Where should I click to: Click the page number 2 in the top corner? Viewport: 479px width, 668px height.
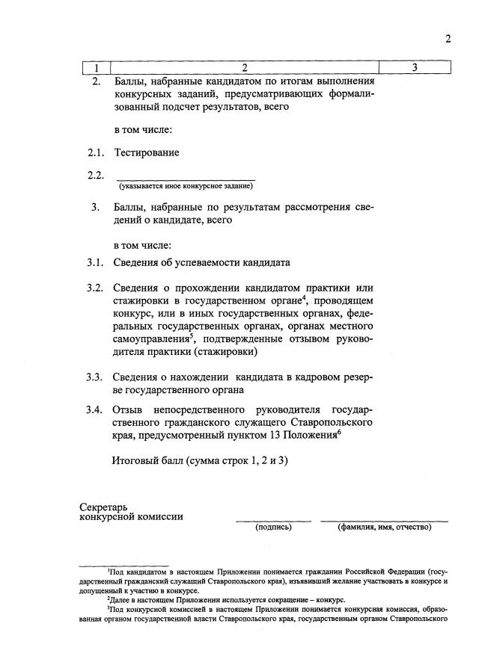coord(448,40)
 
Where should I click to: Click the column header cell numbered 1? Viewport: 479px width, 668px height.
coord(96,69)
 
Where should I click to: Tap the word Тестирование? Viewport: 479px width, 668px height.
coord(147,153)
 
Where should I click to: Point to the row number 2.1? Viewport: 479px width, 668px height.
coord(94,153)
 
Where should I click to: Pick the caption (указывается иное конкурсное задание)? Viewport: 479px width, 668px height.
coord(185,186)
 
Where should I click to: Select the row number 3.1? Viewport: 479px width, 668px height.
coord(94,262)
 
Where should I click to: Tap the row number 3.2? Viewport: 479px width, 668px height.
coord(94,288)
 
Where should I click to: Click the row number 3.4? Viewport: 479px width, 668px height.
coord(94,409)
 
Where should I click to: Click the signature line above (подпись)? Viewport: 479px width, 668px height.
coord(273,520)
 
